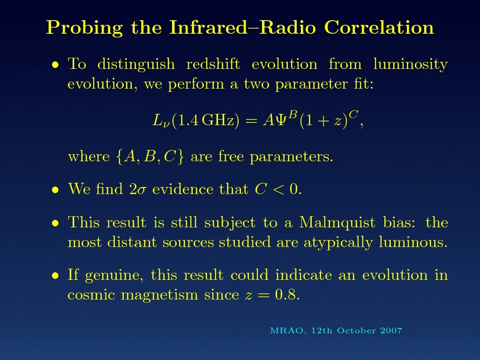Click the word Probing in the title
pyautogui.click(x=84, y=28)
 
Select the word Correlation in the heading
pyautogui.click(x=379, y=28)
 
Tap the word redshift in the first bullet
pyautogui.click(x=213, y=64)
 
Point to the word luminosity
pyautogui.click(x=411, y=65)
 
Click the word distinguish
pyautogui.click(x=136, y=65)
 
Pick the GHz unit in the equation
pyautogui.click(x=218, y=120)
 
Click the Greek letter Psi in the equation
pyautogui.click(x=281, y=120)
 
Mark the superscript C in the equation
pyautogui.click(x=353, y=115)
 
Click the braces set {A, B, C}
pyautogui.click(x=150, y=157)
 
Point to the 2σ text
pyautogui.click(x=137, y=189)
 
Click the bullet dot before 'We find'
pyautogui.click(x=55, y=190)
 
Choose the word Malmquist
pyautogui.click(x=337, y=223)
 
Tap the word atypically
pyautogui.click(x=338, y=243)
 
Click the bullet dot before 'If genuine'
pyautogui.click(x=55, y=276)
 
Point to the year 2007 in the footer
pyautogui.click(x=391, y=330)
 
